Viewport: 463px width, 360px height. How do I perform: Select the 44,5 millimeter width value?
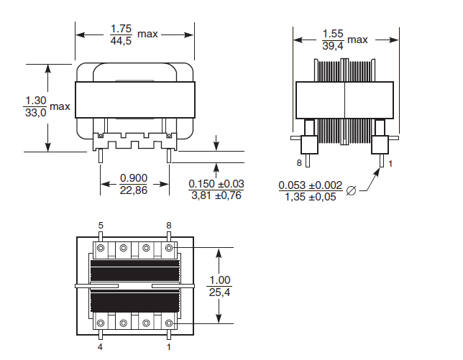pyautogui.click(x=121, y=41)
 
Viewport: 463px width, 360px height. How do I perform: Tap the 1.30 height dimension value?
pyautogui.click(x=35, y=100)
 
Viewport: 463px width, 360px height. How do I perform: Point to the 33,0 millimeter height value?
pyautogui.click(x=35, y=113)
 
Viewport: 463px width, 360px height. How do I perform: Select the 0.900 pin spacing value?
pyautogui.click(x=134, y=178)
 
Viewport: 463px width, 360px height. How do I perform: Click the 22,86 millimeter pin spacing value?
pyautogui.click(x=134, y=190)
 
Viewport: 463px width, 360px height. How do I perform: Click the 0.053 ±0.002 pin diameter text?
pyautogui.click(x=311, y=185)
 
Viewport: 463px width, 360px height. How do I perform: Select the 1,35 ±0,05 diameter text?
pyautogui.click(x=311, y=197)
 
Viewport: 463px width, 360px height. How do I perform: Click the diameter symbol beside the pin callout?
pyautogui.click(x=351, y=190)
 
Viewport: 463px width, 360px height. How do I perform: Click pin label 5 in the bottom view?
pyautogui.click(x=101, y=226)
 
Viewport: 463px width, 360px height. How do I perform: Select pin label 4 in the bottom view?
pyautogui.click(x=101, y=347)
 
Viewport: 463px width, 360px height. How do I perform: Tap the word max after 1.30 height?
pyautogui.click(x=60, y=106)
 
